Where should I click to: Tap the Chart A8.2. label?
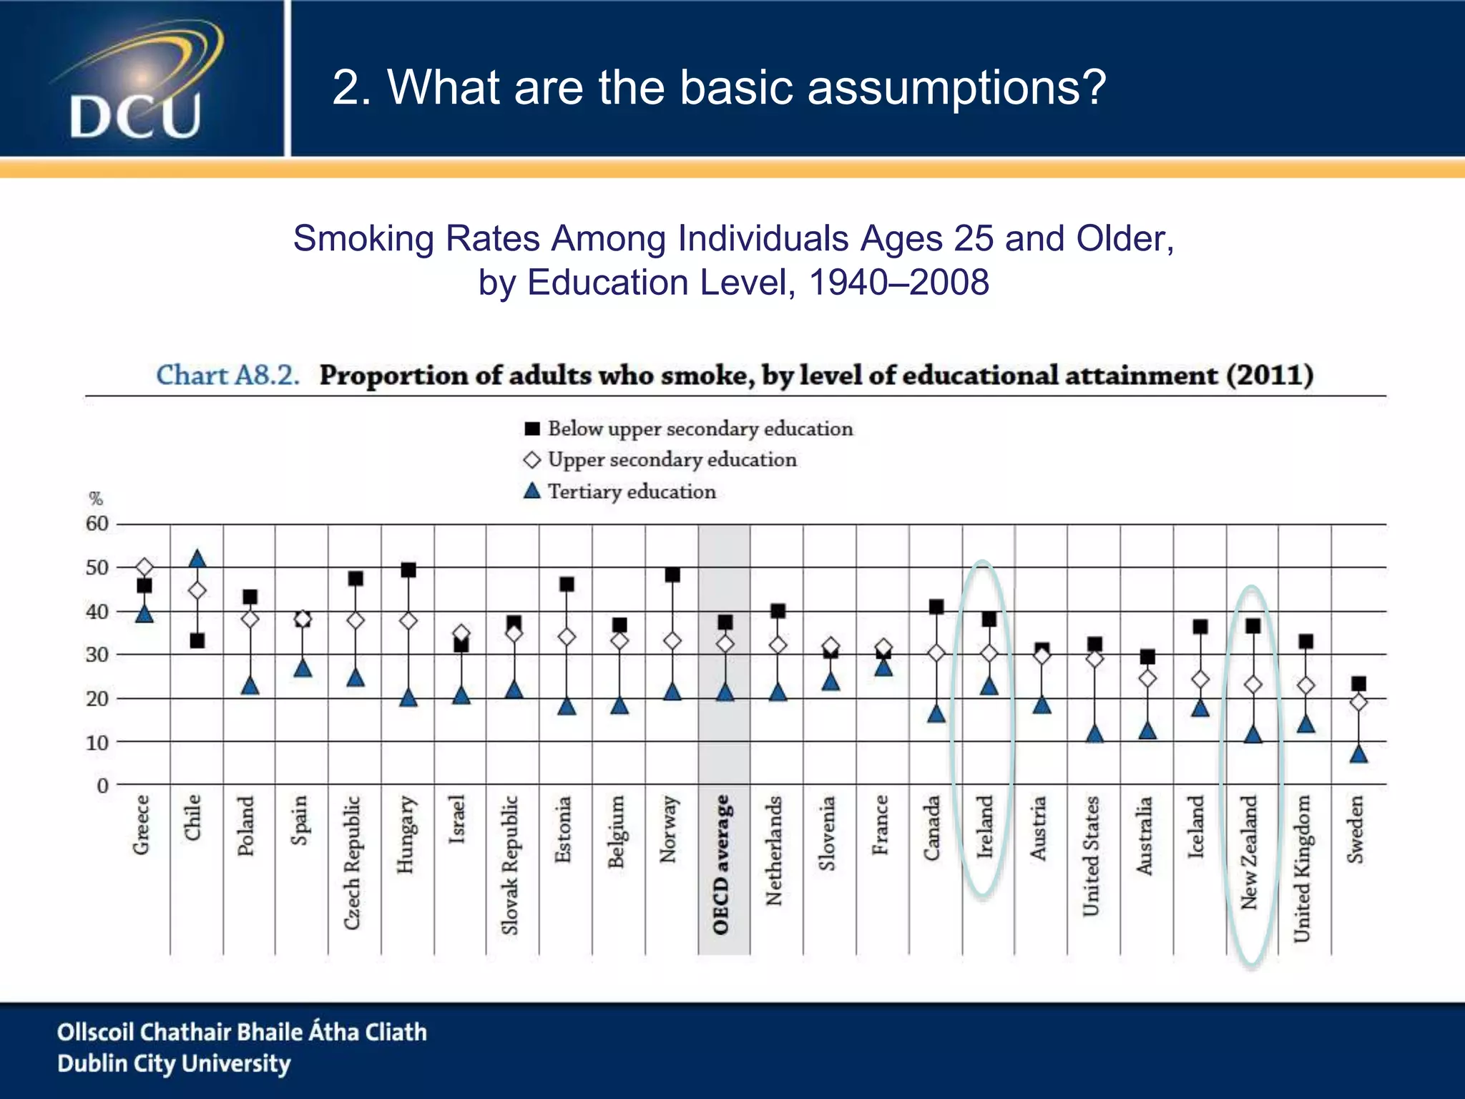[x=227, y=375]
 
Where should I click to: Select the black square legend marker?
[x=531, y=429]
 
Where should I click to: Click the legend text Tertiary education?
[x=632, y=492]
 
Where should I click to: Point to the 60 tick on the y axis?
[x=97, y=524]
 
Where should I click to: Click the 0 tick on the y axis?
[x=103, y=786]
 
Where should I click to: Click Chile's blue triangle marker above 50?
[x=197, y=559]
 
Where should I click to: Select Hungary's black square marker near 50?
[x=408, y=570]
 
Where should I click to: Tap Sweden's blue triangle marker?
[x=1358, y=753]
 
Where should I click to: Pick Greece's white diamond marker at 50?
[x=144, y=568]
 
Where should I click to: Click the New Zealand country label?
[x=1250, y=852]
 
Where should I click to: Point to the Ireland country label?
[x=986, y=826]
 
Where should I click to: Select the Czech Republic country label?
[x=351, y=862]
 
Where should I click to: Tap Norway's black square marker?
[x=672, y=575]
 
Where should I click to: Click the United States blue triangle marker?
[x=1094, y=734]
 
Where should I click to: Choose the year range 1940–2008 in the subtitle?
[x=899, y=282]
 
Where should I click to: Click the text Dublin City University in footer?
[x=174, y=1063]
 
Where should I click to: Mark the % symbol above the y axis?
[x=96, y=499]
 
